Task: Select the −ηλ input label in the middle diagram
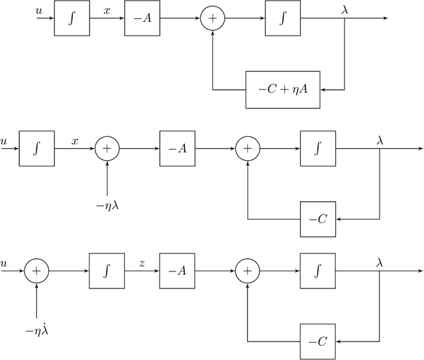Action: tap(107, 206)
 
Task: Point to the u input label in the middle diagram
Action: tap(5, 141)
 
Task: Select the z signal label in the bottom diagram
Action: tap(142, 262)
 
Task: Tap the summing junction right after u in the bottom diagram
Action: tap(36, 271)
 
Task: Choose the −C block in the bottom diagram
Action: tap(317, 341)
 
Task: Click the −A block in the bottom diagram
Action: tap(177, 271)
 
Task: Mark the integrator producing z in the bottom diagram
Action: tap(107, 271)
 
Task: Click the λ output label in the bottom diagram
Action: tap(379, 261)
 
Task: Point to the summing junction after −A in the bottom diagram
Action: tap(247, 271)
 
